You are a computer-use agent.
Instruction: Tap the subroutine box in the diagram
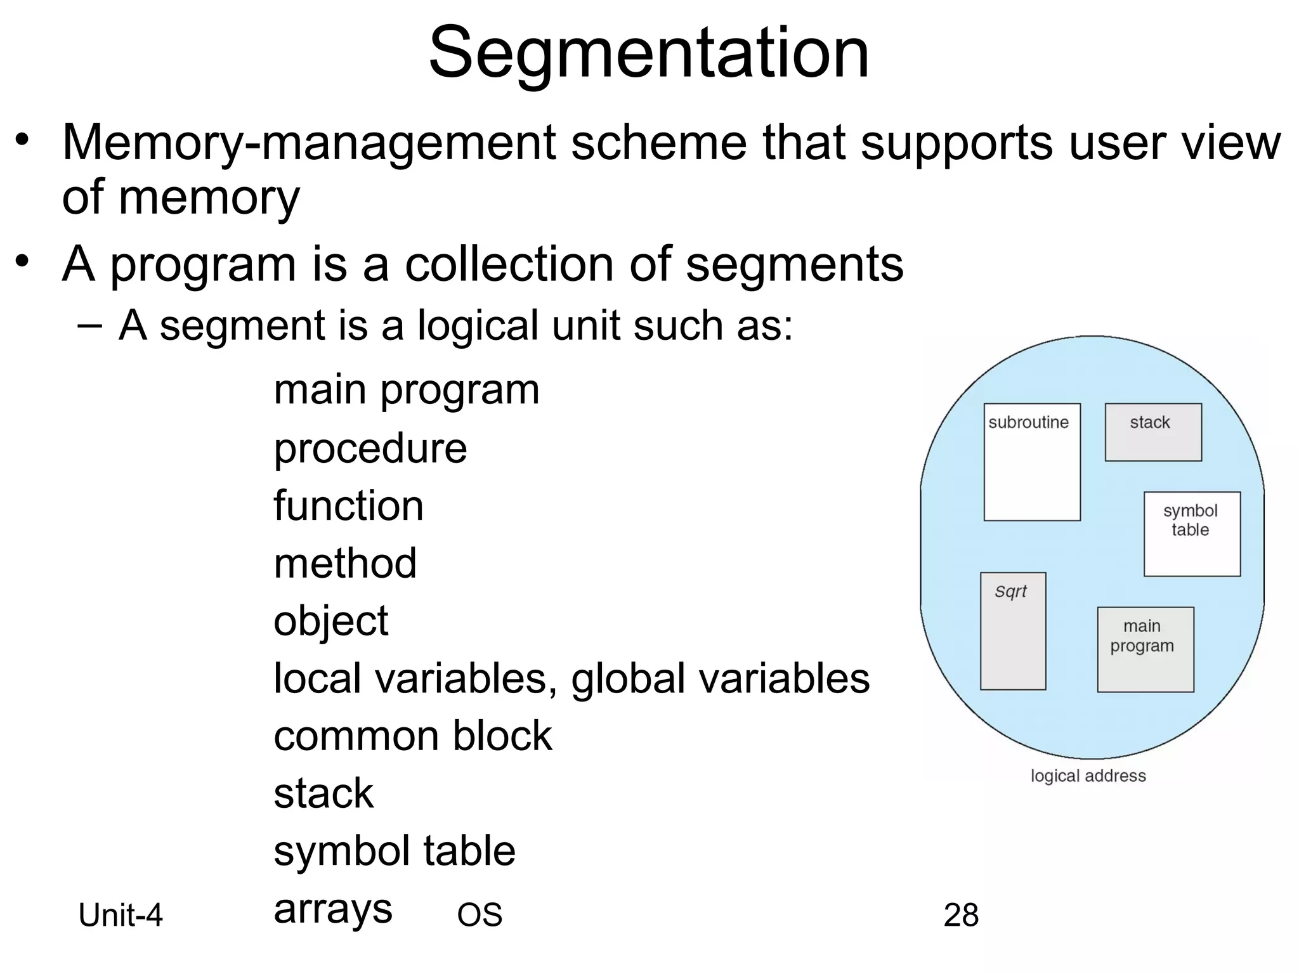(1031, 462)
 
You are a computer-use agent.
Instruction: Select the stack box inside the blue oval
(1152, 432)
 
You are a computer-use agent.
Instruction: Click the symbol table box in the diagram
(1191, 533)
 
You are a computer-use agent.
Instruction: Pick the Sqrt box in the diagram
(1012, 630)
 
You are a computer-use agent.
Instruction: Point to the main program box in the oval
(1145, 649)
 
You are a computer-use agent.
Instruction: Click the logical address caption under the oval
(1088, 776)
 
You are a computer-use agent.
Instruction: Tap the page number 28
(960, 915)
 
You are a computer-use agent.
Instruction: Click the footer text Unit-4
(121, 915)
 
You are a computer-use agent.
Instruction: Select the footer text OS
(480, 915)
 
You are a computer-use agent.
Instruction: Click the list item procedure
(370, 449)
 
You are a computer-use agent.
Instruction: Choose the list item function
(348, 506)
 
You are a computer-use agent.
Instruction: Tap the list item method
(345, 563)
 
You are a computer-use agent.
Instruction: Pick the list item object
(330, 621)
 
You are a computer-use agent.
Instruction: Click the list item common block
(412, 736)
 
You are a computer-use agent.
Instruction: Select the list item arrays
(332, 910)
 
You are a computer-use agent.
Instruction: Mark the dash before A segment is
(89, 325)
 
